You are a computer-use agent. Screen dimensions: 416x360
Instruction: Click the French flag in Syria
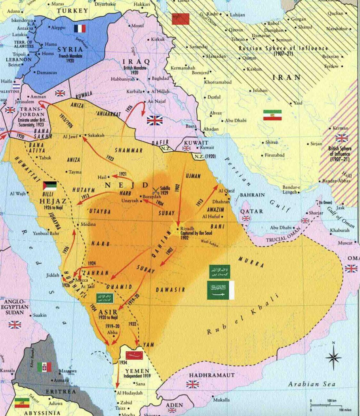click(80, 29)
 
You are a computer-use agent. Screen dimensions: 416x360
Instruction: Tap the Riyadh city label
click(187, 228)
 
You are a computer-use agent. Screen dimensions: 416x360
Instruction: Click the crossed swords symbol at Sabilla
click(156, 191)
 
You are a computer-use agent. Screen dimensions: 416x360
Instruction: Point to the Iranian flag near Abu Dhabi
click(272, 115)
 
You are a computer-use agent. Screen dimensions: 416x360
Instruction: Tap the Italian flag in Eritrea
click(44, 367)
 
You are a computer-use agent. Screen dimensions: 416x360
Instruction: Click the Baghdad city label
click(160, 78)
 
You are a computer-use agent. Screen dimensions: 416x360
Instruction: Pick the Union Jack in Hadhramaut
click(192, 384)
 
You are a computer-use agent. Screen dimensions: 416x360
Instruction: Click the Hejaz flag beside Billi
click(50, 186)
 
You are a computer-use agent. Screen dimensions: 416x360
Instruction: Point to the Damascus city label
click(46, 73)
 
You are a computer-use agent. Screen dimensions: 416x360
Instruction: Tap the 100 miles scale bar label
click(345, 410)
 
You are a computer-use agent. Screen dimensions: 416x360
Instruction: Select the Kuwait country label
click(196, 143)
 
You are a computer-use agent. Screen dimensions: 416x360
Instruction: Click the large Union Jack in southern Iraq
click(155, 120)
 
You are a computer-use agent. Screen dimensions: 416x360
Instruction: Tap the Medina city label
click(88, 224)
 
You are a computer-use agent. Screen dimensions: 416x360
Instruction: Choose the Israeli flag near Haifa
click(16, 86)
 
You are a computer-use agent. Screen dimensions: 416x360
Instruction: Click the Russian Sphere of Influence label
click(283, 48)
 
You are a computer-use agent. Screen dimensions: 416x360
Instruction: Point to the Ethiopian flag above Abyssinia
click(22, 403)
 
